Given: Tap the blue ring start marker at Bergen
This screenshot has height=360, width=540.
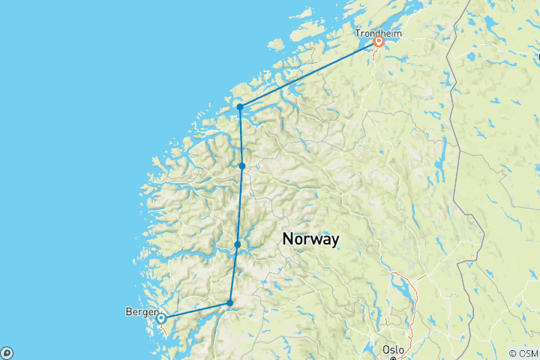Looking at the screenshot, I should click(160, 319).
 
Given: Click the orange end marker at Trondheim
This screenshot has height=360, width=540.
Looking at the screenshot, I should click(379, 43).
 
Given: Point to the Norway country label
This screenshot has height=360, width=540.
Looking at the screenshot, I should click(310, 238).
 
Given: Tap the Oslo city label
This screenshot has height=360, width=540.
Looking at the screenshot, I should click(393, 349).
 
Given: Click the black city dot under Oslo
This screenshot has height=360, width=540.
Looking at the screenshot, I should click(392, 358).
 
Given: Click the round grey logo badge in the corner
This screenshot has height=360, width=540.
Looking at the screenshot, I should click(7, 352).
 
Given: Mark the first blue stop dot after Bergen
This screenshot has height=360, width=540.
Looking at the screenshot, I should click(230, 303).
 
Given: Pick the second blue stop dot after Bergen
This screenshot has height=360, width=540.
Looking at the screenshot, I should click(237, 244).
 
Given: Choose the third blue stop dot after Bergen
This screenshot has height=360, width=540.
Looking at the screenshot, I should click(242, 166).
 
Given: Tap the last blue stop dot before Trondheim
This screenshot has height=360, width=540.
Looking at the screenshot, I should click(239, 107).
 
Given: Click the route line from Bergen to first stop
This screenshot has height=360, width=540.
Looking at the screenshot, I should click(195, 311).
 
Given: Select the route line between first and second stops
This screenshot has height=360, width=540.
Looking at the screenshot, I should click(234, 274).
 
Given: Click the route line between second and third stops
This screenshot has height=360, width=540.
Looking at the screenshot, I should click(240, 205).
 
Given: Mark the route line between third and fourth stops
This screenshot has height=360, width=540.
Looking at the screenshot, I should click(241, 136).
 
